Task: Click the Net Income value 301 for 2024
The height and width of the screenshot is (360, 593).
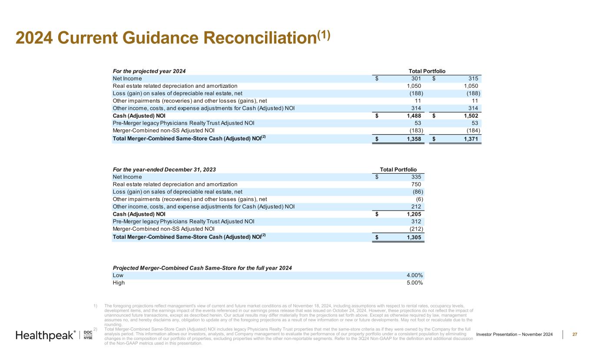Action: coord(416,79)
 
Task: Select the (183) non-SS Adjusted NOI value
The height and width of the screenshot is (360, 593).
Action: coord(417,130)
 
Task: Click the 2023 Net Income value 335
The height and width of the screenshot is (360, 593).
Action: coord(416,177)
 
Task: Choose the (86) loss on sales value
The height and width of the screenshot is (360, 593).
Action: coord(418,192)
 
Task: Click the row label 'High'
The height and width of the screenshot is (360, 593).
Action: coord(119,283)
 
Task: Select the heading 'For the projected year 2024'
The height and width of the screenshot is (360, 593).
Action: coord(146,71)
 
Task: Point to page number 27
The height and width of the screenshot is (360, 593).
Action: coord(575,334)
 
